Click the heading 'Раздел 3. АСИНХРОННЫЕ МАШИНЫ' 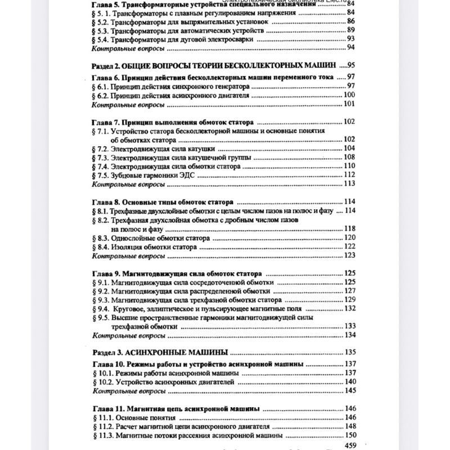coord(159,353)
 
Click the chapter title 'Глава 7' coord(172,122)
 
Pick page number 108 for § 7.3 coord(349,157)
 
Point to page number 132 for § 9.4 coord(350,309)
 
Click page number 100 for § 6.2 coord(349,95)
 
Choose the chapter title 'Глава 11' coord(175,408)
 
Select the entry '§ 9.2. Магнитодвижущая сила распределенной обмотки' coord(182,291)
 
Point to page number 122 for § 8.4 coord(349,246)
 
